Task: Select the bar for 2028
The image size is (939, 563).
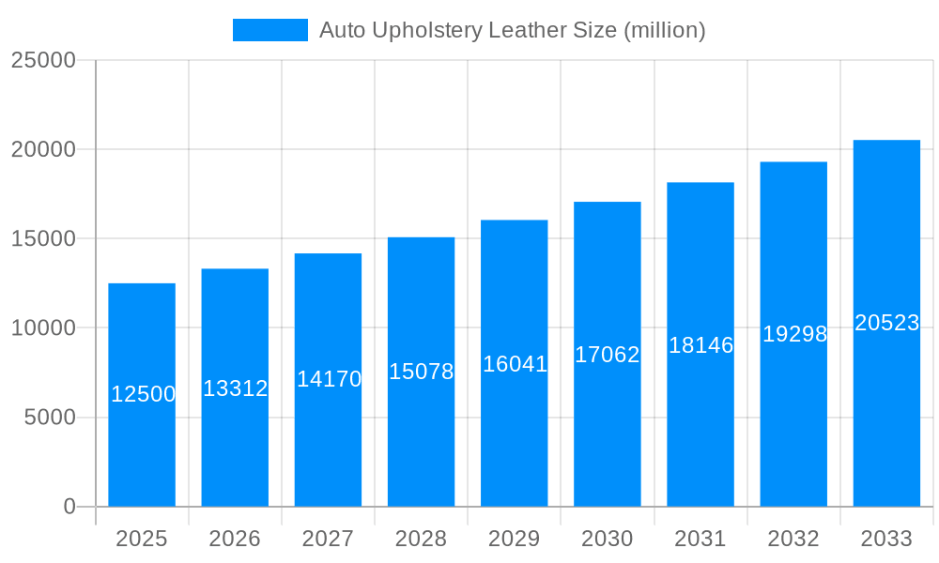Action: pyautogui.click(x=421, y=432)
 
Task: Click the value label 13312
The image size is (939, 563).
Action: pyautogui.click(x=236, y=388)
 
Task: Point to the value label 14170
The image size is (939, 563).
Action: pyautogui.click(x=329, y=379)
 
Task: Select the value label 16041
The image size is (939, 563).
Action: pyautogui.click(x=515, y=364)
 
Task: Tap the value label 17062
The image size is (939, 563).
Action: pyautogui.click(x=608, y=355)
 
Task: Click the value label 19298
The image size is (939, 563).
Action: pyautogui.click(x=794, y=334)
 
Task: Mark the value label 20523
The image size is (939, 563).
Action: pyautogui.click(x=886, y=323)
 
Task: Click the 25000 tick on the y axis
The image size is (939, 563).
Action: pyautogui.click(x=42, y=60)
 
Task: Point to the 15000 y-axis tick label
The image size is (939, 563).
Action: pyautogui.click(x=42, y=239)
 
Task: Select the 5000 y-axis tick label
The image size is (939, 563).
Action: pyautogui.click(x=49, y=418)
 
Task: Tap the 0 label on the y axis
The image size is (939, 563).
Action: pyautogui.click(x=69, y=507)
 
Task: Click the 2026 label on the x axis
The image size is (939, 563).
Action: pyautogui.click(x=235, y=539)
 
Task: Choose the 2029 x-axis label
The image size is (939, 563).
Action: pyautogui.click(x=515, y=539)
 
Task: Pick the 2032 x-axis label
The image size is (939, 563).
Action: pyautogui.click(x=793, y=539)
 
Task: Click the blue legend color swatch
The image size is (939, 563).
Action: pyautogui.click(x=270, y=30)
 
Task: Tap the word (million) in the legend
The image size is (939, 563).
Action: pyautogui.click(x=665, y=30)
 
